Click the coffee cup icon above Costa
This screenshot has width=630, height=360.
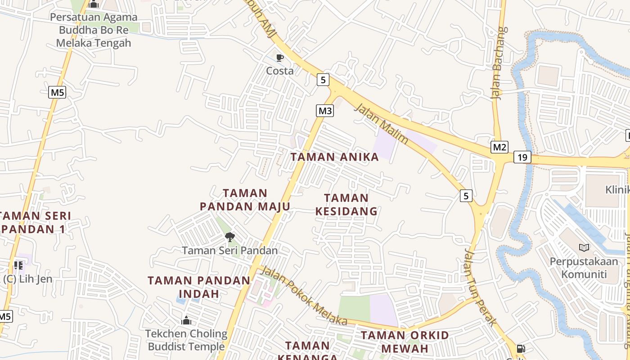[279, 58]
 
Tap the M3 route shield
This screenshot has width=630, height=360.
[325, 111]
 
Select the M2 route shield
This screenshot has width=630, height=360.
[499, 147]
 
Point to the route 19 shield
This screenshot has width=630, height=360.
[522, 157]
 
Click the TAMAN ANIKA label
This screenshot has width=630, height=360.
[334, 157]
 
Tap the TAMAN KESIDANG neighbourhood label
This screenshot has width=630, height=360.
[346, 204]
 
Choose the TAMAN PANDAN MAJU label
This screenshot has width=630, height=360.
[245, 200]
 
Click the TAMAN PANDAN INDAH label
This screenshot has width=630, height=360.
[199, 287]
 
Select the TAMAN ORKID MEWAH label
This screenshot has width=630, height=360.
[405, 342]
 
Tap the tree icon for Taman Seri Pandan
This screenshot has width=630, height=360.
[229, 237]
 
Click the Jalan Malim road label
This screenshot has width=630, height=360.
[382, 125]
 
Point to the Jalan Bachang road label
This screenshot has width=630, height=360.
[500, 63]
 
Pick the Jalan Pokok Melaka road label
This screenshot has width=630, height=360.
[304, 296]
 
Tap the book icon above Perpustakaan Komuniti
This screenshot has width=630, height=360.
[584, 247]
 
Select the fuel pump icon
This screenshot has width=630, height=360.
[521, 348]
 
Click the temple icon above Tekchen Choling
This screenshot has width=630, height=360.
[186, 320]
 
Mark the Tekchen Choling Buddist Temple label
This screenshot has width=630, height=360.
[186, 340]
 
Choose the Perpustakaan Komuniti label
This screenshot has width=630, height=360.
[584, 268]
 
